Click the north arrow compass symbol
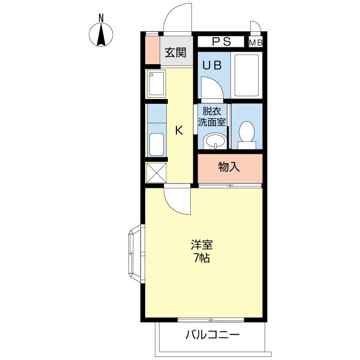click(102, 35)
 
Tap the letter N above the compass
click(102, 17)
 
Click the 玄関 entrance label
click(175, 52)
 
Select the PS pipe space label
click(221, 42)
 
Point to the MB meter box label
click(256, 43)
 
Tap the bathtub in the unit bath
click(245, 75)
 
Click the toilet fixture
click(247, 134)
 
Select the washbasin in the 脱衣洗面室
click(214, 140)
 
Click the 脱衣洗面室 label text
click(213, 116)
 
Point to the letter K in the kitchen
click(178, 130)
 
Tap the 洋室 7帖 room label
click(202, 252)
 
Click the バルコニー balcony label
click(212, 334)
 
